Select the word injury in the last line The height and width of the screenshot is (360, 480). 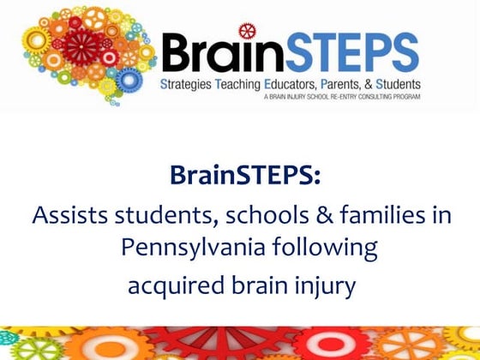[x=322, y=285]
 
